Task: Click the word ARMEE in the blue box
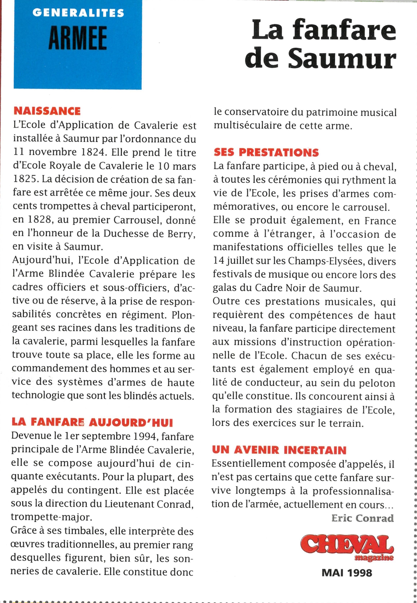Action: [77, 38]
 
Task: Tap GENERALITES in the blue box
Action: [78, 13]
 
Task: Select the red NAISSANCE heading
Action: [47, 111]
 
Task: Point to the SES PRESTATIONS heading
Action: [266, 152]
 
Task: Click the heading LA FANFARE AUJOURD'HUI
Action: [92, 422]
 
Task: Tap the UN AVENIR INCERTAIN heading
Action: [279, 450]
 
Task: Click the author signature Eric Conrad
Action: [363, 518]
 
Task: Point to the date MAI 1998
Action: [347, 573]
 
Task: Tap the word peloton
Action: [376, 383]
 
